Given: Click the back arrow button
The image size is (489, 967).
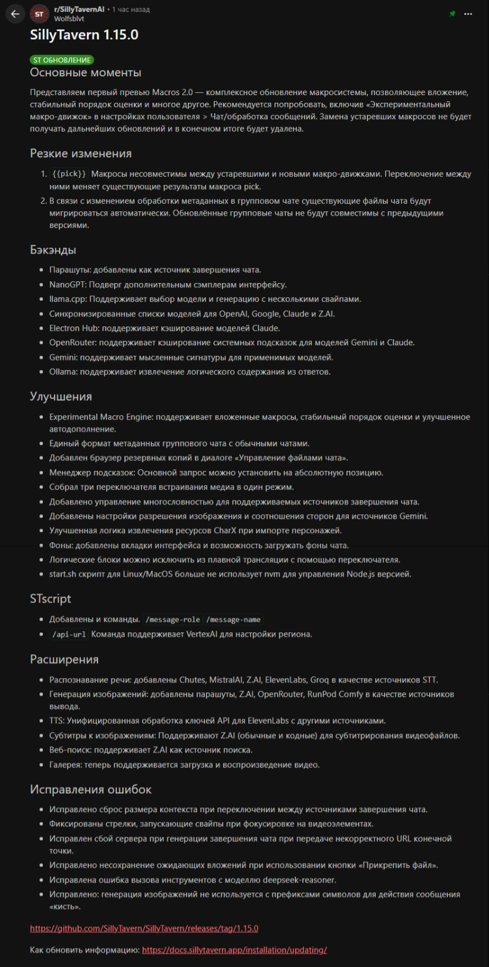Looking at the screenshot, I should tap(15, 14).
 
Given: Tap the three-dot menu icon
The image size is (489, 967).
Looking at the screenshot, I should tap(468, 14).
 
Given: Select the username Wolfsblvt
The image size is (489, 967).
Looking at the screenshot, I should tap(69, 19).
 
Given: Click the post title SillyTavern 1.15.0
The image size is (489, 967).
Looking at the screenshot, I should tap(84, 35).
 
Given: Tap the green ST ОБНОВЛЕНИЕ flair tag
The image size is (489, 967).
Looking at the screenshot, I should tap(62, 60).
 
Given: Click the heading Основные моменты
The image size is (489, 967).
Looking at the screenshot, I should tap(86, 73).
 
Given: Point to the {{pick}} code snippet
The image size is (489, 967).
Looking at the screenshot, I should tap(69, 174).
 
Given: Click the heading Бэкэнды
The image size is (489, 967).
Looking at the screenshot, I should tap(53, 250).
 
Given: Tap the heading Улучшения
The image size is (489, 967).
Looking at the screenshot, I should tap(61, 397).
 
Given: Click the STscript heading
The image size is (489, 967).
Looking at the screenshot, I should tap(50, 599).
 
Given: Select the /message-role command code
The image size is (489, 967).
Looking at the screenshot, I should tap(173, 619).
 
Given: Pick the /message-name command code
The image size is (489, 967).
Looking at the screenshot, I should tap(234, 619).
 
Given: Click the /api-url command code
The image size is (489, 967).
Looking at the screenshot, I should tap(69, 634).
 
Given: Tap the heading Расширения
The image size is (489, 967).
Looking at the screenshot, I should tap(64, 660).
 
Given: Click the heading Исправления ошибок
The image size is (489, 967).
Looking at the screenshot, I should tap(90, 790).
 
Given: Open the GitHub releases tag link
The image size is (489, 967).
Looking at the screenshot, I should tap(144, 929).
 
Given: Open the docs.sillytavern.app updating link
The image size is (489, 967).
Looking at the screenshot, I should tap(234, 950).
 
